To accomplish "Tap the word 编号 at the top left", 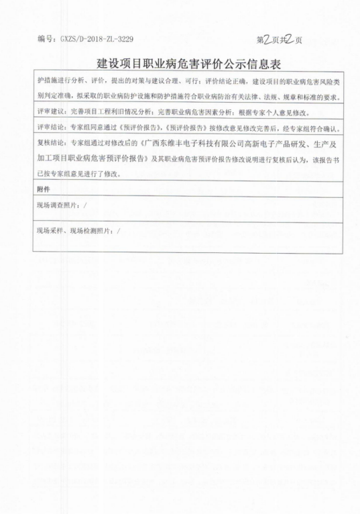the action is pyautogui.click(x=46, y=40).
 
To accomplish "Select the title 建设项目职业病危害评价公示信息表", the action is pyautogui.click(x=180, y=64).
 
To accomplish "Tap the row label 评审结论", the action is pyautogui.click(x=50, y=127).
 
